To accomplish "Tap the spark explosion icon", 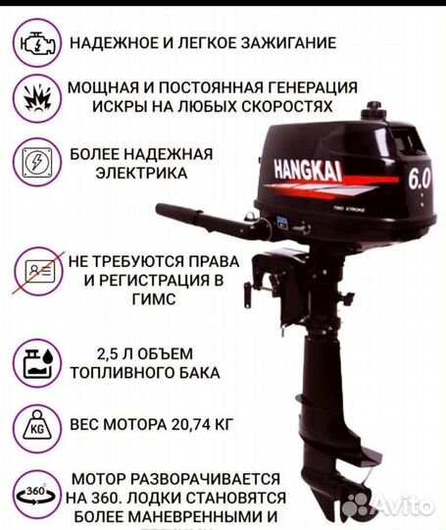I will click(33, 95).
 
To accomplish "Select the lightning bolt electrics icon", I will click(33, 161).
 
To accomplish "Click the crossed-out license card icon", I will click(33, 271).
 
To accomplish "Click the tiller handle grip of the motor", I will click(177, 212).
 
